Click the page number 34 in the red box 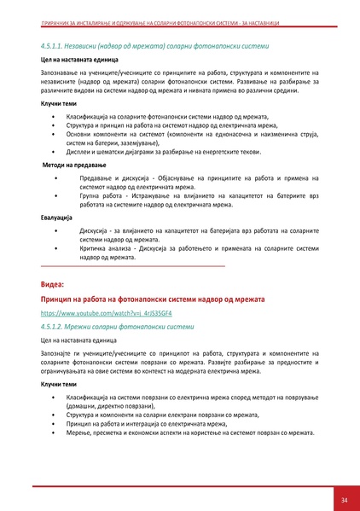(343, 500)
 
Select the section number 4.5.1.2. (53, 327)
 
